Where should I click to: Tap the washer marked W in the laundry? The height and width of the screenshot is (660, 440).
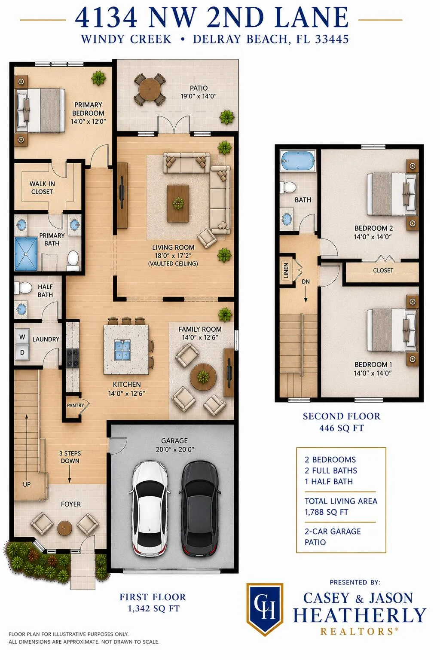click(22, 337)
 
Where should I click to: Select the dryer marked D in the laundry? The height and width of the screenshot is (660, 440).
click(22, 352)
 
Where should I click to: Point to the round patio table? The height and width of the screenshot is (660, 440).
click(150, 89)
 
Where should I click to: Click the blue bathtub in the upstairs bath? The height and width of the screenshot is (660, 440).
click(298, 161)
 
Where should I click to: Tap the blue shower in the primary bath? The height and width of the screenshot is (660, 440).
click(26, 254)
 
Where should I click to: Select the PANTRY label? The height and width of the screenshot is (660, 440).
click(76, 406)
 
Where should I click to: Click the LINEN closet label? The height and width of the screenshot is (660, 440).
click(286, 270)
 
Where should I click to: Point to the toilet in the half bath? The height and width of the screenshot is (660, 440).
click(23, 288)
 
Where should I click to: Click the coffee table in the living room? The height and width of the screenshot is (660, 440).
click(178, 203)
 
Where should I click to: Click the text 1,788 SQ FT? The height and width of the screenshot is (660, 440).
click(327, 512)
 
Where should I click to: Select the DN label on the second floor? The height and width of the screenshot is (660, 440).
click(306, 282)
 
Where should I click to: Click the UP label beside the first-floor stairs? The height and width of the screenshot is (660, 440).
click(27, 484)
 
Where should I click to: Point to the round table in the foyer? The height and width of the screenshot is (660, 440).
click(64, 528)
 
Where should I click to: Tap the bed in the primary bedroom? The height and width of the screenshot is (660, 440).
click(41, 110)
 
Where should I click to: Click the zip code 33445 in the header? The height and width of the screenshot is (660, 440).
click(332, 39)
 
